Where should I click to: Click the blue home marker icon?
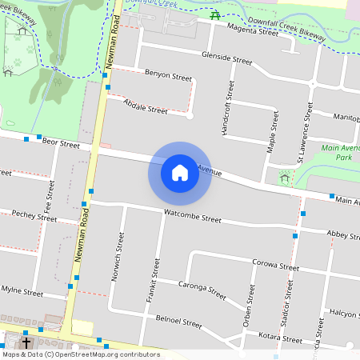point(180,173)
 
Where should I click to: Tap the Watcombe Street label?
point(192,217)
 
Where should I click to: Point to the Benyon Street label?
point(168,75)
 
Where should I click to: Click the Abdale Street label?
point(146,106)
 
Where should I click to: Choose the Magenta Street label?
point(253,30)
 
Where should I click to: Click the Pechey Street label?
point(34,216)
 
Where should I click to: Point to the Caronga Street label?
point(202,289)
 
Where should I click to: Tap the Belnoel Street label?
point(179,322)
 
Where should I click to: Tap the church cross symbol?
point(26,342)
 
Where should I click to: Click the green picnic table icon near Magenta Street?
point(214,15)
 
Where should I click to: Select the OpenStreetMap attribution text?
point(80,354)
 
